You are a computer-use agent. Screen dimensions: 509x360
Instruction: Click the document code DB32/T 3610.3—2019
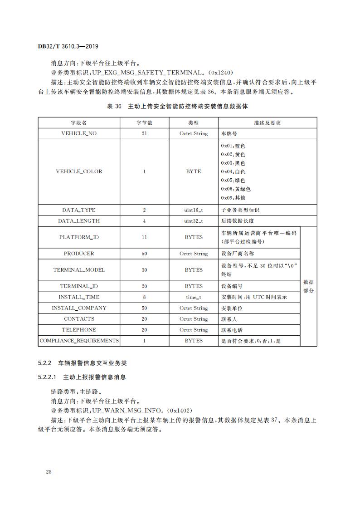(x=68, y=46)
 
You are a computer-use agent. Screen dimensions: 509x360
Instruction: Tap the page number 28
(x=49, y=472)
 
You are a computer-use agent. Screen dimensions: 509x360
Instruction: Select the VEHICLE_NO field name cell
(x=79, y=133)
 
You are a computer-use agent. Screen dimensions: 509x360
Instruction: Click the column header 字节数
(x=144, y=122)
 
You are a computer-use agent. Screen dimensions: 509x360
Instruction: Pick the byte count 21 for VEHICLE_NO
(x=144, y=133)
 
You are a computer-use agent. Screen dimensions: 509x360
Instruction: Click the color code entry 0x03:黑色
(x=233, y=163)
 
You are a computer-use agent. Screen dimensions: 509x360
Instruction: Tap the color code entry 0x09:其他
(x=233, y=198)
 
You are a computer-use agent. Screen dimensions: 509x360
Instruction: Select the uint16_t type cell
(x=194, y=210)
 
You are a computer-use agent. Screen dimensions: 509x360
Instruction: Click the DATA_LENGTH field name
(x=79, y=221)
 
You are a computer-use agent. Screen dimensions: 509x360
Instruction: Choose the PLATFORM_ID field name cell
(x=79, y=237)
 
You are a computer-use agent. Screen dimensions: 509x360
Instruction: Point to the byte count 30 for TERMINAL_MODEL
(x=144, y=270)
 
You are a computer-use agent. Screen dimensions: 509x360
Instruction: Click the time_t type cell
(x=194, y=297)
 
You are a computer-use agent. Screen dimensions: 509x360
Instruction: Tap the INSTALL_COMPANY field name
(x=79, y=308)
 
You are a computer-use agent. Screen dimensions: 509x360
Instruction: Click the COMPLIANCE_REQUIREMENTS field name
(x=79, y=341)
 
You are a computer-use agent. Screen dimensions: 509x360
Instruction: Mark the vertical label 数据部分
(x=308, y=286)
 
